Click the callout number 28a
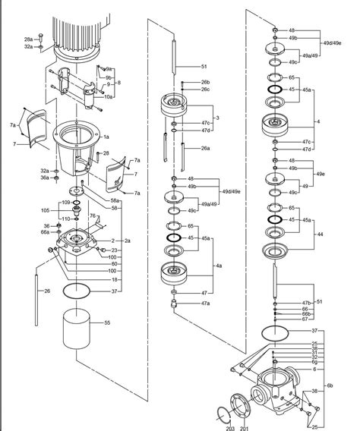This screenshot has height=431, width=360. click(x=28, y=39)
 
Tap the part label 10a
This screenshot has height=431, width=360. click(x=108, y=96)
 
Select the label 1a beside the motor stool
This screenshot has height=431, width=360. click(x=107, y=136)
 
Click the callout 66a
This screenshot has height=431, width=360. click(x=46, y=234)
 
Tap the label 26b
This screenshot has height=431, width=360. click(x=205, y=82)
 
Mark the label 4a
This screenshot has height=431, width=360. click(x=219, y=266)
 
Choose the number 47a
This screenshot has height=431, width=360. click(x=205, y=303)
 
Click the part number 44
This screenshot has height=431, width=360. click(x=320, y=234)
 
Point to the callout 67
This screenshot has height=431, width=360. click(x=305, y=319)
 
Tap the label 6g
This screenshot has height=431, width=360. click(x=314, y=362)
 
